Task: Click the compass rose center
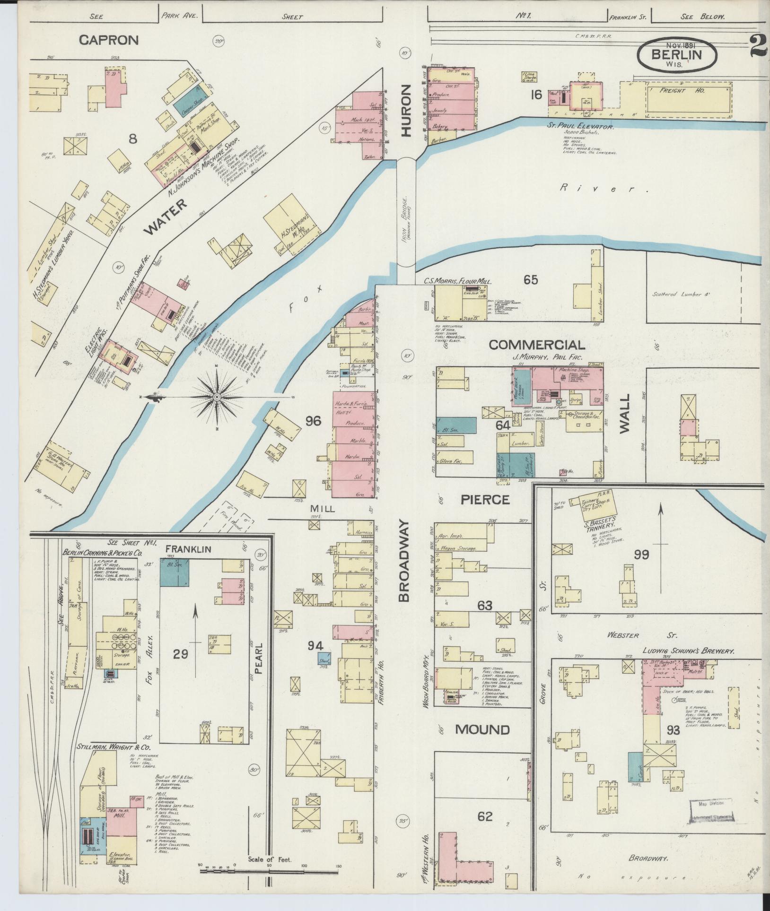[217, 396]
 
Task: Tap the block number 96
[313, 421]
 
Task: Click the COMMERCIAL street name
[536, 345]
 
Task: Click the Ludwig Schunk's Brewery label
[687, 651]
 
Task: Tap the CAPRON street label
[109, 40]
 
